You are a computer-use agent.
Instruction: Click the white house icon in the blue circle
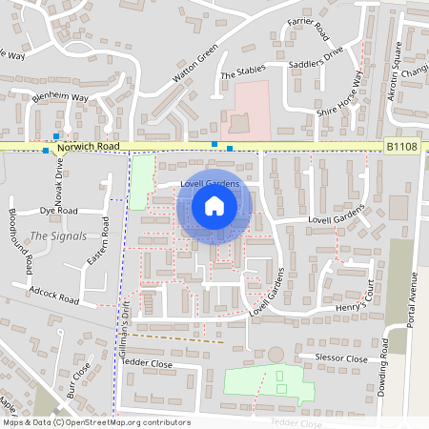tap(214, 206)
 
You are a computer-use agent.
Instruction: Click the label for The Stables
tap(241, 74)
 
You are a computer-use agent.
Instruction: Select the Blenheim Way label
tap(59, 97)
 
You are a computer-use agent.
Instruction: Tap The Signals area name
tap(58, 235)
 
